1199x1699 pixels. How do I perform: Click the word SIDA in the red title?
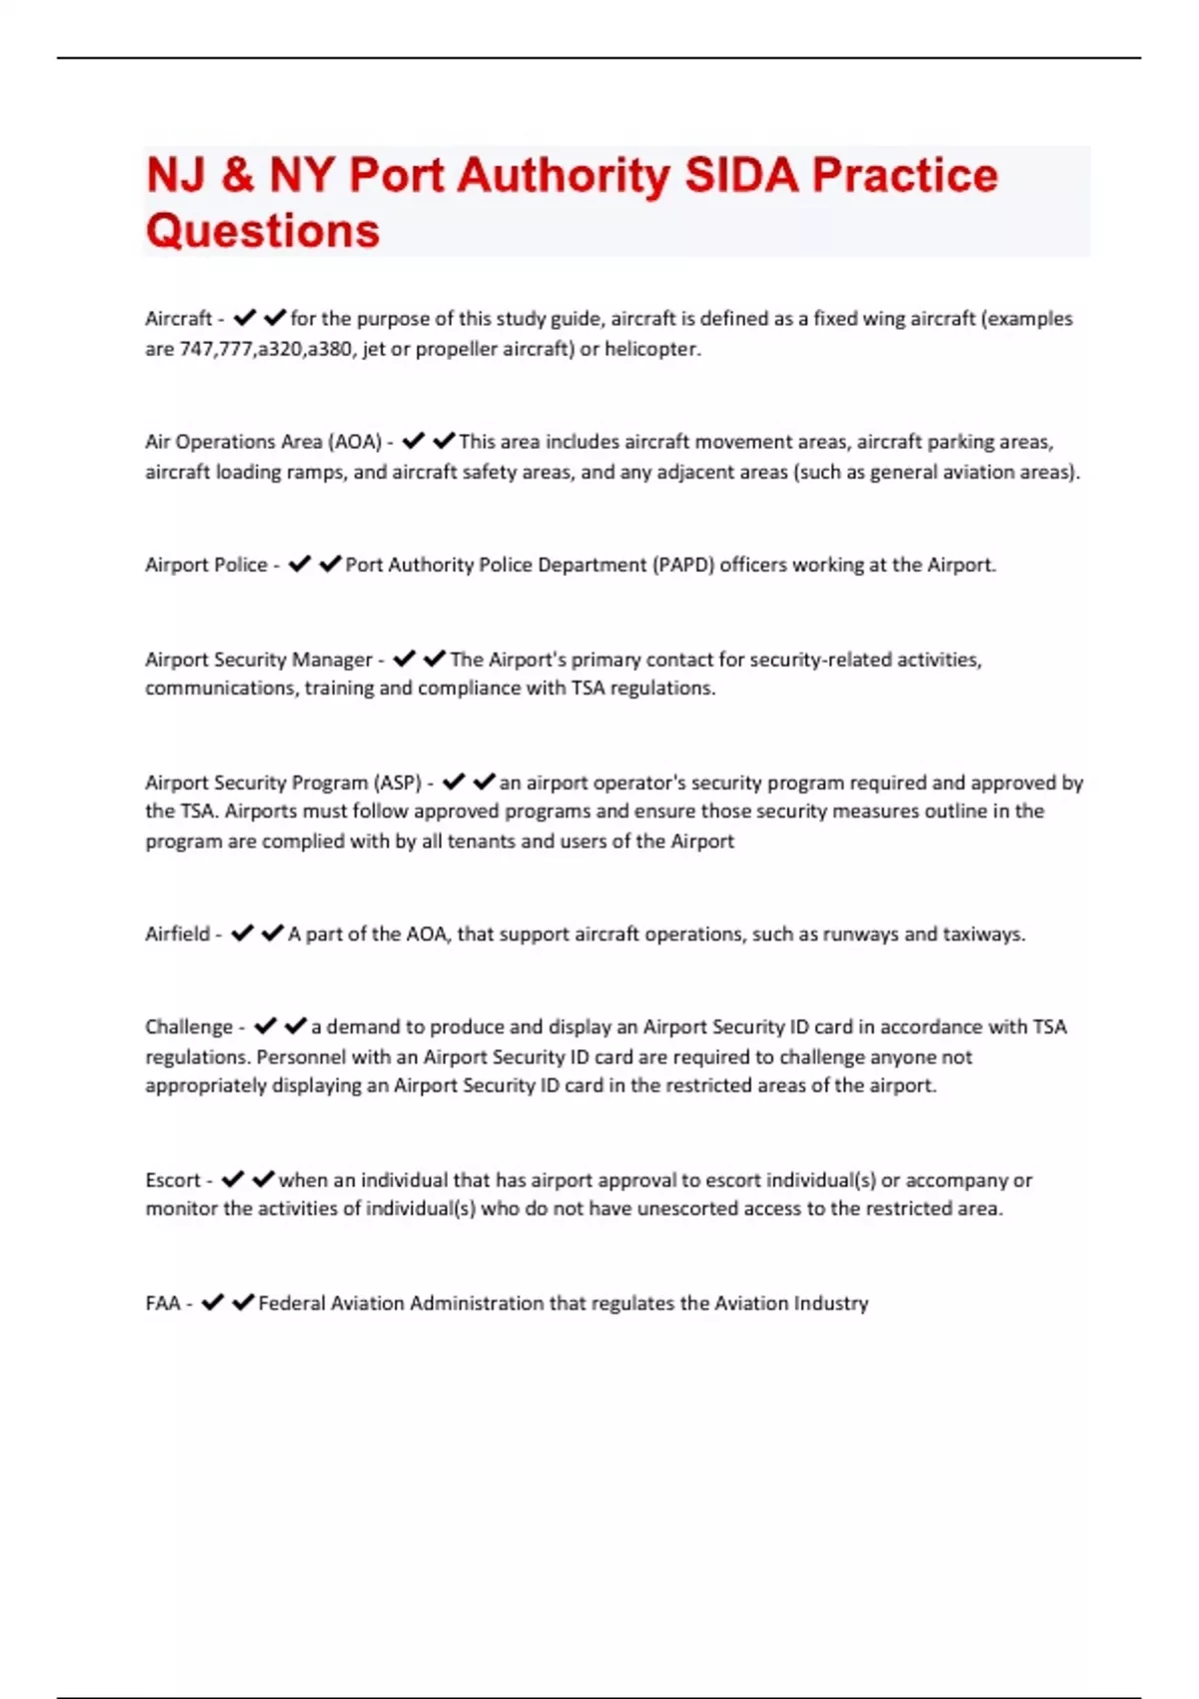(740, 176)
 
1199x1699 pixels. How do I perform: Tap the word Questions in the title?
(263, 231)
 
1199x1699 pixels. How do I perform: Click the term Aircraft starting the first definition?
(178, 319)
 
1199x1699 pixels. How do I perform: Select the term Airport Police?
(206, 565)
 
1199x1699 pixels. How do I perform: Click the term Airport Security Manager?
(258, 660)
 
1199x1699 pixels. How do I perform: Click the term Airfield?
(177, 934)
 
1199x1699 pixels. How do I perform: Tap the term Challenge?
(189, 1027)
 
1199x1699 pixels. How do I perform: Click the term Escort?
(173, 1180)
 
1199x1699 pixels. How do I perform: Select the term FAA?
(163, 1303)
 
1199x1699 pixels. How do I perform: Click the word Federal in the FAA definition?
(291, 1303)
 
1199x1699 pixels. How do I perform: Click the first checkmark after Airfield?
(242, 933)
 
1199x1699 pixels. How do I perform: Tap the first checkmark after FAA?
(212, 1302)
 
